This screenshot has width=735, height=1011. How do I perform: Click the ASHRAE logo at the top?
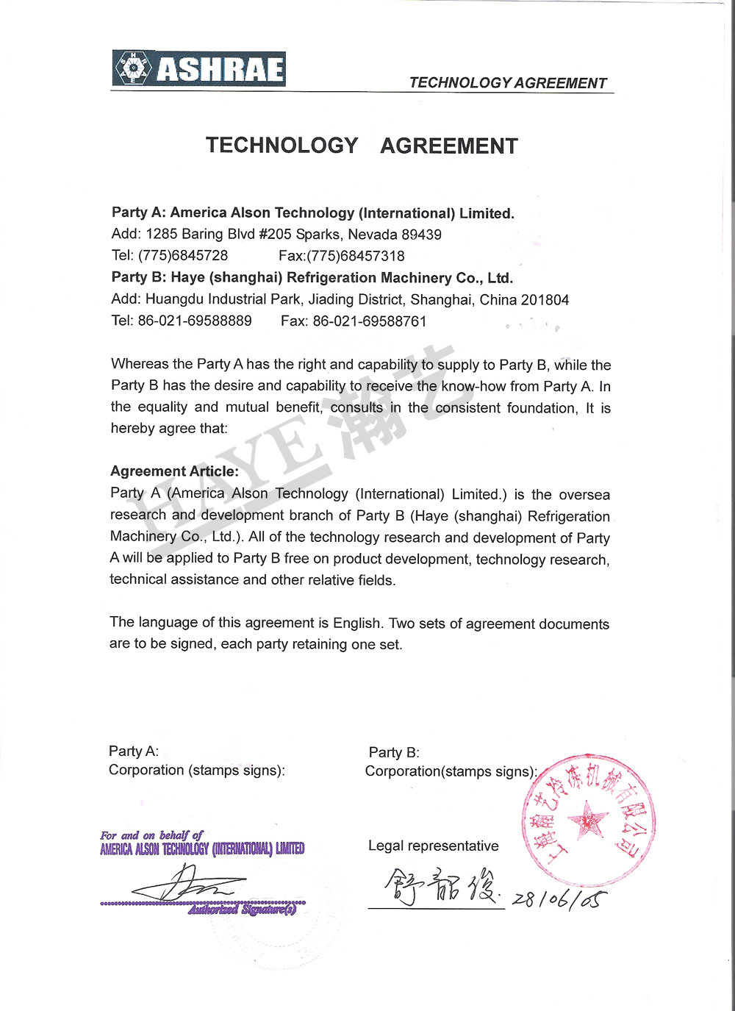(x=198, y=69)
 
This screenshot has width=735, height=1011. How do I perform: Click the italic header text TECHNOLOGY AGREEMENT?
(x=508, y=83)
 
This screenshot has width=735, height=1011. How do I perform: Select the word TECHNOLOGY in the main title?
(x=282, y=146)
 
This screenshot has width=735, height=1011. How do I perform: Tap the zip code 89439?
(x=422, y=235)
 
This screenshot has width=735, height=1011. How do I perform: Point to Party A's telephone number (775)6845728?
(x=183, y=256)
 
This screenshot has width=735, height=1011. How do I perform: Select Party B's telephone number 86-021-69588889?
(x=195, y=321)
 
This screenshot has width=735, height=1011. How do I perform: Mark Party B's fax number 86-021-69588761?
(x=369, y=321)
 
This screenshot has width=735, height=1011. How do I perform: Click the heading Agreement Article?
(x=174, y=471)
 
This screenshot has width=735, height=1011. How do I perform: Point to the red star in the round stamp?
(x=588, y=820)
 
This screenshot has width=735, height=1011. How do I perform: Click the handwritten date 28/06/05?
(x=559, y=899)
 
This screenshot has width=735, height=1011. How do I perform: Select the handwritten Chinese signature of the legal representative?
(x=441, y=887)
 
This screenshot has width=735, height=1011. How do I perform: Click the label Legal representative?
(x=433, y=846)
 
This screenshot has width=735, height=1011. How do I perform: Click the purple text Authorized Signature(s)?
(x=242, y=910)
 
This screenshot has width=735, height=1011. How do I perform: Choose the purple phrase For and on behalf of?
(x=151, y=835)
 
